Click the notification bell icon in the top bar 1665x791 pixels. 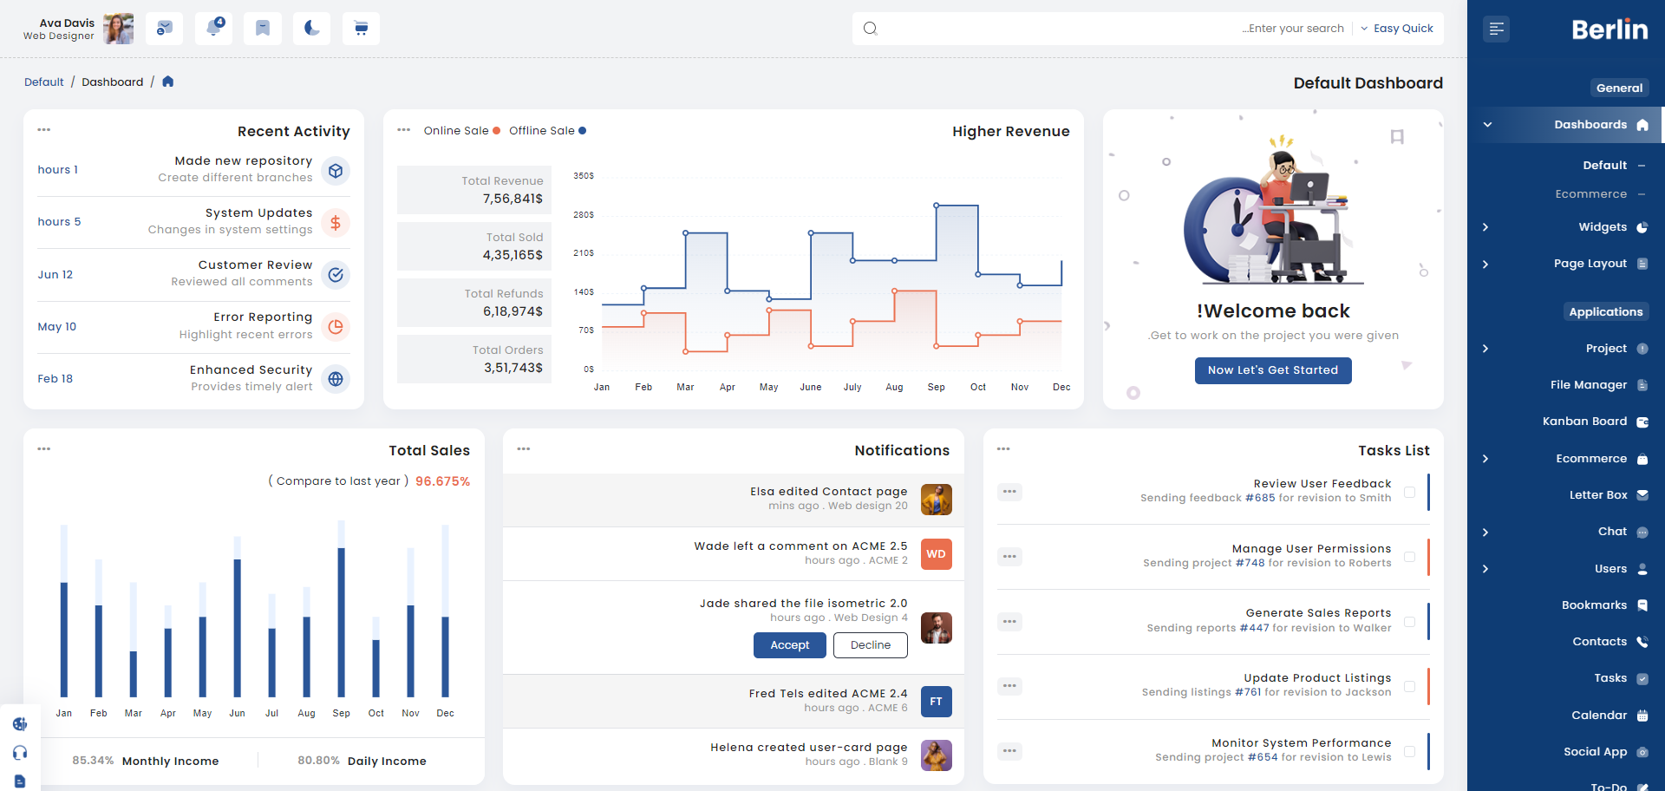pyautogui.click(x=213, y=28)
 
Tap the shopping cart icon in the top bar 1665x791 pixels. pyautogui.click(x=361, y=29)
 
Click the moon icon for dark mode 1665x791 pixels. pyautogui.click(x=311, y=29)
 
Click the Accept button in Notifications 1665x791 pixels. pyautogui.click(x=789, y=645)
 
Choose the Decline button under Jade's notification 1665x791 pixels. pyautogui.click(x=871, y=645)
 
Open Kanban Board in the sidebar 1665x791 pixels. pyautogui.click(x=1584, y=422)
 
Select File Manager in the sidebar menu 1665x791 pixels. pyautogui.click(x=1589, y=385)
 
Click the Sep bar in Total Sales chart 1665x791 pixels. pyautogui.click(x=341, y=622)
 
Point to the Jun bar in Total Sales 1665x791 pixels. pyautogui.click(x=237, y=628)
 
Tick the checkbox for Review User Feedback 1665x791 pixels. pyautogui.click(x=1409, y=492)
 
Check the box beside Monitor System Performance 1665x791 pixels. pyautogui.click(x=1409, y=751)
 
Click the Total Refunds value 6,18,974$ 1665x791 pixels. pyautogui.click(x=513, y=311)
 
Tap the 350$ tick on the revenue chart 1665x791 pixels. pyautogui.click(x=584, y=176)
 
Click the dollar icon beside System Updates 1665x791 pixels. pyautogui.click(x=336, y=223)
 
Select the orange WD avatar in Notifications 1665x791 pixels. pyautogui.click(x=936, y=554)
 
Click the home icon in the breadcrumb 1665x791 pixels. pyautogui.click(x=168, y=82)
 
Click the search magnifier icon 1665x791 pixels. pyautogui.click(x=871, y=29)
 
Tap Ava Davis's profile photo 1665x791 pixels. pyautogui.click(x=119, y=29)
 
